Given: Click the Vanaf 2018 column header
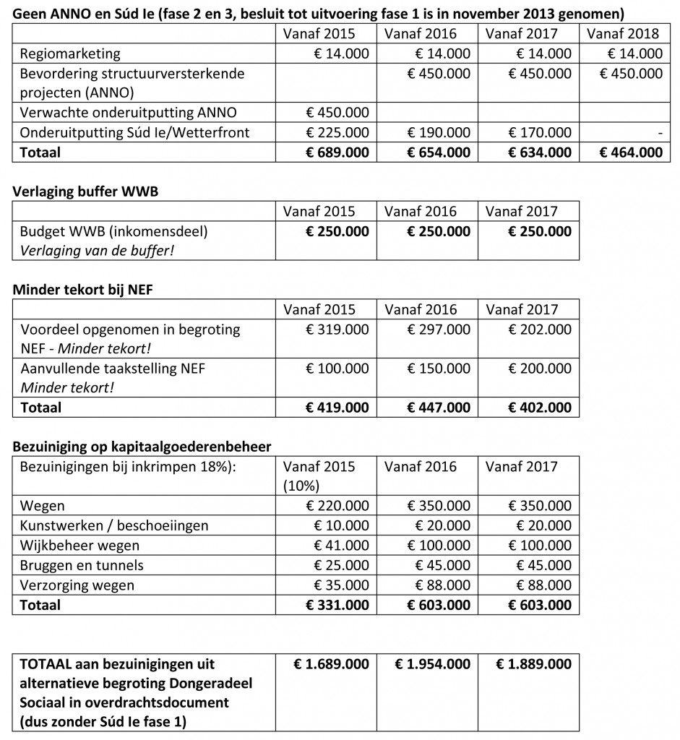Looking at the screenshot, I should (623, 33).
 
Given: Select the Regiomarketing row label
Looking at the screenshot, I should (71, 53).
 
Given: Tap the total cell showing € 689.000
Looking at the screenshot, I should (337, 152).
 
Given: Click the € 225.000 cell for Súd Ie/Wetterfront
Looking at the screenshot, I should (337, 132).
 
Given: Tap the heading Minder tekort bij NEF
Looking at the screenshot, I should (83, 290).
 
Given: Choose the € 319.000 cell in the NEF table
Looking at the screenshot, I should (337, 330).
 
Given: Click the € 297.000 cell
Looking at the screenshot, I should (438, 330).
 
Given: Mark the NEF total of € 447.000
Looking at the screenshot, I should (438, 408).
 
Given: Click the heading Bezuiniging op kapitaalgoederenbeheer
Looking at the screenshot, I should (142, 447).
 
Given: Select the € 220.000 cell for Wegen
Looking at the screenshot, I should (337, 506).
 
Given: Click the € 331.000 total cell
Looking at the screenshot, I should (337, 605).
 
